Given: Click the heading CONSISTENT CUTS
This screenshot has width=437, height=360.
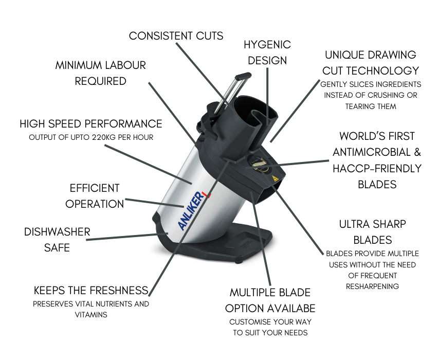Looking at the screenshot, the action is pos(176,36).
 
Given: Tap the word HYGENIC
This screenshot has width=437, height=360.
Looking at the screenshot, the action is pos(267,45).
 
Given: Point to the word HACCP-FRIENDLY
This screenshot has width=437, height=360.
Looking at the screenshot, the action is pos(377,168).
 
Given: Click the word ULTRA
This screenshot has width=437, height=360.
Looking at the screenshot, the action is pos(354,224).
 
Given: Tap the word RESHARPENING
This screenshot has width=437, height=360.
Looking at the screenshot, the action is pos(372,286).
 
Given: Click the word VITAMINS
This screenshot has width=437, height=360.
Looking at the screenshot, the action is pos(91,315).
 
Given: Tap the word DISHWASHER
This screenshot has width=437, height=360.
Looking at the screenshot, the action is pos(57,232).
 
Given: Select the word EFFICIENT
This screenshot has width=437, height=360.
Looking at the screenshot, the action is pos(95,188).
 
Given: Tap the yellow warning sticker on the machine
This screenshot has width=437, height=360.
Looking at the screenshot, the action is pos(276,178).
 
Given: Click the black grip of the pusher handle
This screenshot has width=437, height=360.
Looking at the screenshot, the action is pos(243,76).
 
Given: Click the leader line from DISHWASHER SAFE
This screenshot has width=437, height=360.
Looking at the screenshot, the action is pos(127,237).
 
